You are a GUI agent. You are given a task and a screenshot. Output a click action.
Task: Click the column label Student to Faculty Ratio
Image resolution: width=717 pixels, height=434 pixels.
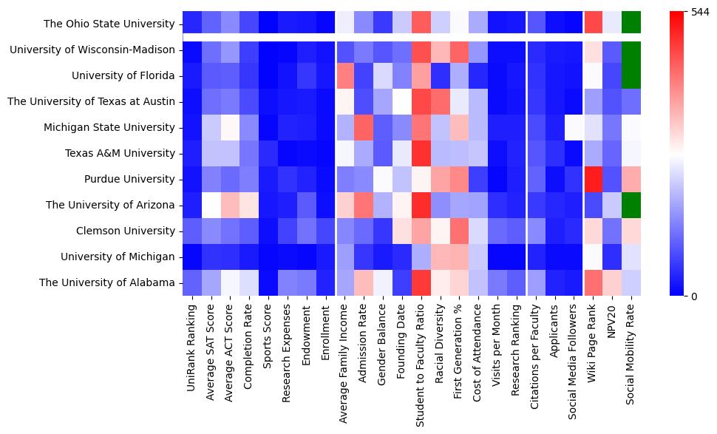[421, 363]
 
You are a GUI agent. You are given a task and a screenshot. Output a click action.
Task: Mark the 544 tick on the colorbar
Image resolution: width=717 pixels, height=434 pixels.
[699, 12]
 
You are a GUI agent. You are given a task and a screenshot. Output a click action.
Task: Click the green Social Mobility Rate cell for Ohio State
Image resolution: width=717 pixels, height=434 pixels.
[632, 24]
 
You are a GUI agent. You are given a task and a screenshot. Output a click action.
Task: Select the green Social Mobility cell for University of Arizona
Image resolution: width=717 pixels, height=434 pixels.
[632, 205]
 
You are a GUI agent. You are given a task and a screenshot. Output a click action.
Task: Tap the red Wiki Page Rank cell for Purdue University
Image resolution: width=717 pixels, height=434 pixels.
[594, 179]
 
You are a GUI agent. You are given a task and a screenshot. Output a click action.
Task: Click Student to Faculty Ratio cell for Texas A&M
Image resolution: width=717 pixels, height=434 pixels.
[421, 153]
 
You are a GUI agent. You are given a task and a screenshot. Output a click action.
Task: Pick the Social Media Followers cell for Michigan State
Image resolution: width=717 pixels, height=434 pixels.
[574, 127]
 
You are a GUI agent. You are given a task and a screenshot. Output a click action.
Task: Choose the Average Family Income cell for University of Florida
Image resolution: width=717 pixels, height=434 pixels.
[344, 75]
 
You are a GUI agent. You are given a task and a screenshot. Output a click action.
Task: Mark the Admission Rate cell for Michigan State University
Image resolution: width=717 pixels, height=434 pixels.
[363, 127]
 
